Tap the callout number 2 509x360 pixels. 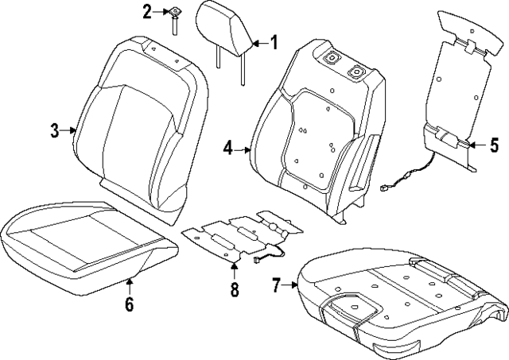point(146,11)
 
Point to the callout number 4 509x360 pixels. point(227,148)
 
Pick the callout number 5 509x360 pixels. point(494,145)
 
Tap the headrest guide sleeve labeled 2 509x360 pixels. point(171,17)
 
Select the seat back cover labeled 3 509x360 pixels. point(139,119)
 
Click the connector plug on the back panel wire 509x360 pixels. point(387,190)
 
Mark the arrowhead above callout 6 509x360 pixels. point(130,281)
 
